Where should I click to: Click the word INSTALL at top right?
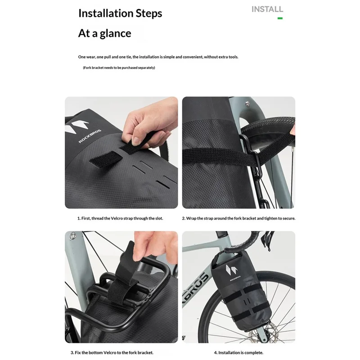(267, 9)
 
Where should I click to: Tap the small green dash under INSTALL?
(280, 18)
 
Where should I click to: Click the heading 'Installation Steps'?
(120, 13)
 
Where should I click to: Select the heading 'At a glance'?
(105, 33)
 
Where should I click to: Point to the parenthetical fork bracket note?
(119, 67)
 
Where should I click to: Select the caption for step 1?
(120, 218)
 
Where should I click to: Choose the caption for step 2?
(238, 218)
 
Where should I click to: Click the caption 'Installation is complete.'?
(238, 353)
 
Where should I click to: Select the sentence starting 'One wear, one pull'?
(158, 57)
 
